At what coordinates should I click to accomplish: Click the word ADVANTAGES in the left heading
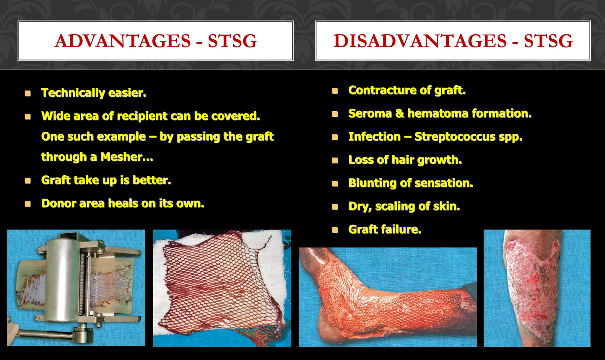click(123, 41)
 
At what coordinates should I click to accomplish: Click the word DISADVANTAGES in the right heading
click(420, 41)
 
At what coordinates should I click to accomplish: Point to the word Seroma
click(370, 113)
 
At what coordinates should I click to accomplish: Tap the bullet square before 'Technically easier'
click(28, 93)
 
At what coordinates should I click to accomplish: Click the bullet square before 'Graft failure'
click(335, 230)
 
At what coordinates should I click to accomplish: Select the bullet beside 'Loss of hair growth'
click(335, 160)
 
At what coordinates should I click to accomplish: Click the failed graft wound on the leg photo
click(535, 284)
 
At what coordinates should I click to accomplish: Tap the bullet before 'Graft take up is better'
click(28, 180)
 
